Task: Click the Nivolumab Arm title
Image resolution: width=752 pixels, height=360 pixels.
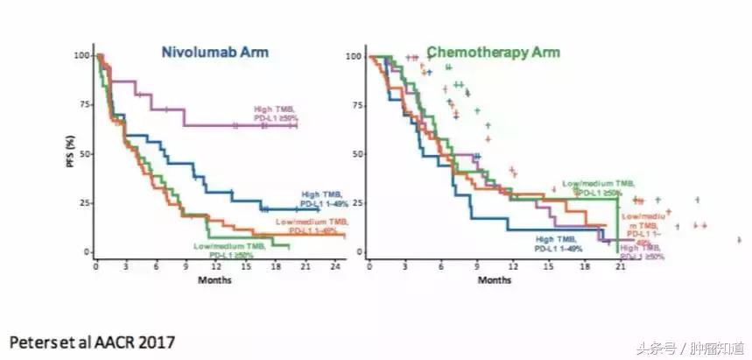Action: [214, 52]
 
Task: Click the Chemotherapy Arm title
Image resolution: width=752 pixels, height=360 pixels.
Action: [494, 52]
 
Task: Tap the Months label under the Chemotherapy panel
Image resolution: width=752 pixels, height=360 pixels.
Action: [495, 279]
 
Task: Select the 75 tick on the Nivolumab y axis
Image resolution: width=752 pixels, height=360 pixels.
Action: [82, 104]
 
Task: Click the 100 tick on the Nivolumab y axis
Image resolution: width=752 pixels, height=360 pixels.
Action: [81, 55]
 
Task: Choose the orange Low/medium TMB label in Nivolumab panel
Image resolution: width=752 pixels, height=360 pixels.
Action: [310, 225]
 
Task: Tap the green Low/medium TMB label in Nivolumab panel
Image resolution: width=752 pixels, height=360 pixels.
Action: [228, 251]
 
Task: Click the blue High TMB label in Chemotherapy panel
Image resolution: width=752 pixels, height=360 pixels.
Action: [557, 244]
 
